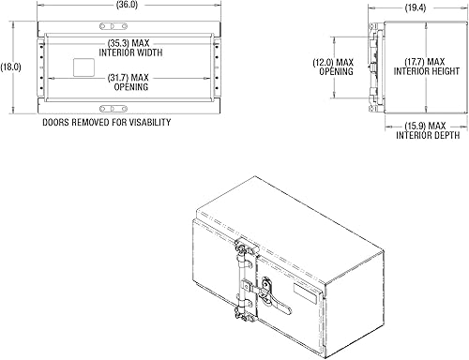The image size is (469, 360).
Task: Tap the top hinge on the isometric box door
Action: click(x=246, y=249)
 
